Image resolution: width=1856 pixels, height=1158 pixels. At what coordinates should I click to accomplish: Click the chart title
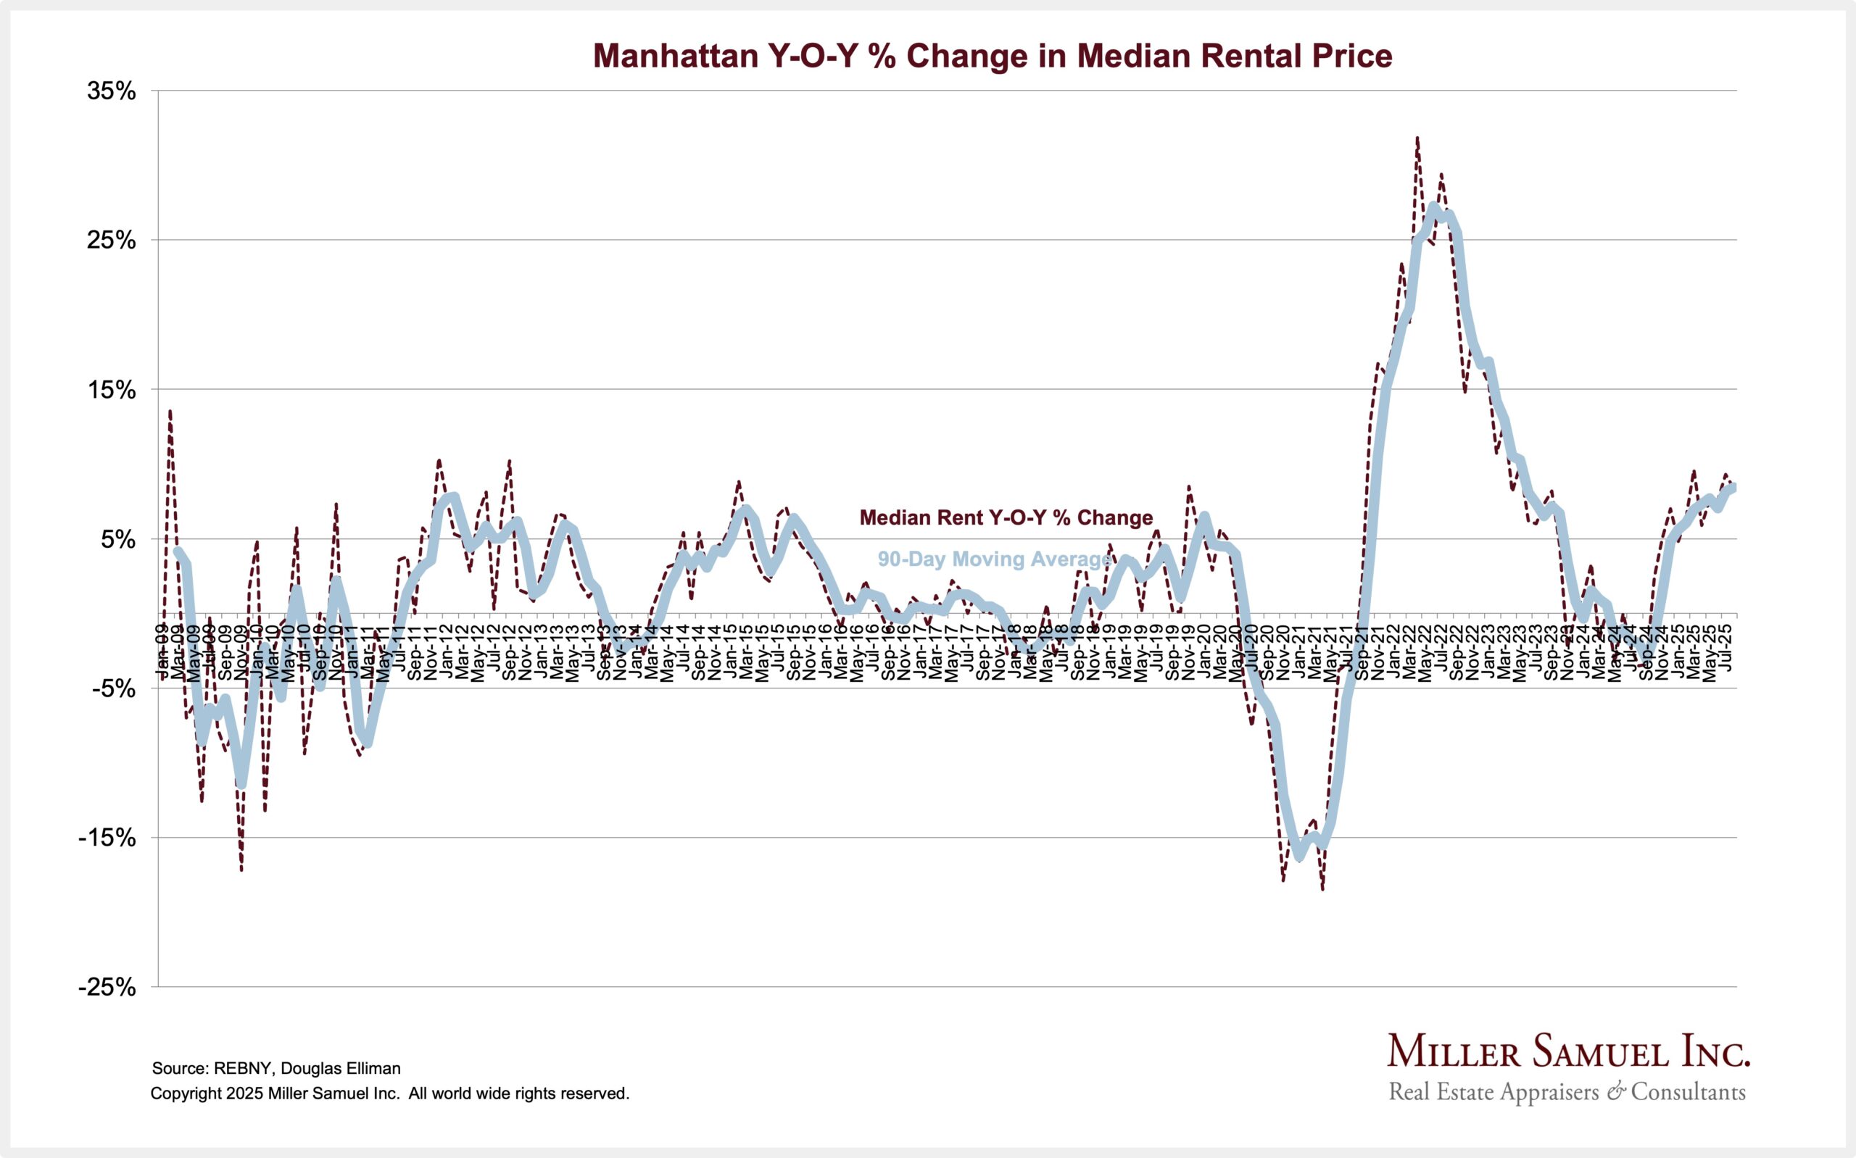pyautogui.click(x=992, y=56)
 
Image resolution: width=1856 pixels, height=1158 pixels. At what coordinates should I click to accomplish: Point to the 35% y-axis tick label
pyautogui.click(x=112, y=91)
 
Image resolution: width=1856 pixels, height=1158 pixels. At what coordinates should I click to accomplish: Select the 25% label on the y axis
pyautogui.click(x=112, y=241)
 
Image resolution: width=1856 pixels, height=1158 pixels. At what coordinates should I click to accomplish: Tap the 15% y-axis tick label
pyautogui.click(x=112, y=390)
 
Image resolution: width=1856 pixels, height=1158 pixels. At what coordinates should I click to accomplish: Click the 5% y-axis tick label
pyautogui.click(x=119, y=539)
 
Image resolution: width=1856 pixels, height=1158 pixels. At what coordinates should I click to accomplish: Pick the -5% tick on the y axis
pyautogui.click(x=114, y=688)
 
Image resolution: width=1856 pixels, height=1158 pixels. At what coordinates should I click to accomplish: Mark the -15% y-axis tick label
pyautogui.click(x=107, y=838)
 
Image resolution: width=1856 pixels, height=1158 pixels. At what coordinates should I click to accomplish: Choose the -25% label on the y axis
pyautogui.click(x=107, y=987)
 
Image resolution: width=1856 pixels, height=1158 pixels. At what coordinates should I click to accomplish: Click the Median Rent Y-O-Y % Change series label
pyautogui.click(x=1006, y=517)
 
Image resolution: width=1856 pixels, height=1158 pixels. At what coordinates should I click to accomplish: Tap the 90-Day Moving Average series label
pyautogui.click(x=993, y=559)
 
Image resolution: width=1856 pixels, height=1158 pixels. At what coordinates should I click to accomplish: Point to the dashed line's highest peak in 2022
pyautogui.click(x=1417, y=138)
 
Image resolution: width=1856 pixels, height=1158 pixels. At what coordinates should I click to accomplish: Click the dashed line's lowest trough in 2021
pyautogui.click(x=1323, y=889)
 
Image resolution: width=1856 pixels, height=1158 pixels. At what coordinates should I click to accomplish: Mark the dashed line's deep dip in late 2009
pyautogui.click(x=241, y=870)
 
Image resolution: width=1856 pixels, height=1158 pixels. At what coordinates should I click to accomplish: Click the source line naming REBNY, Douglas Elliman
pyautogui.click(x=275, y=1068)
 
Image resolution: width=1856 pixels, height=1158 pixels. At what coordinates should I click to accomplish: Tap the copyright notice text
pyautogui.click(x=389, y=1094)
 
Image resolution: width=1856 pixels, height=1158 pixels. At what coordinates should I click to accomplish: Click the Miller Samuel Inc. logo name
pyautogui.click(x=1568, y=1052)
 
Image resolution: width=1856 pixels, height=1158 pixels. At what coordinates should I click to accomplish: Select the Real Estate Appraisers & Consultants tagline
pyautogui.click(x=1567, y=1091)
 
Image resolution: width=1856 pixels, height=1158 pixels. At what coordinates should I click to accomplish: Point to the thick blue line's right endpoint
pyautogui.click(x=1733, y=488)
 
